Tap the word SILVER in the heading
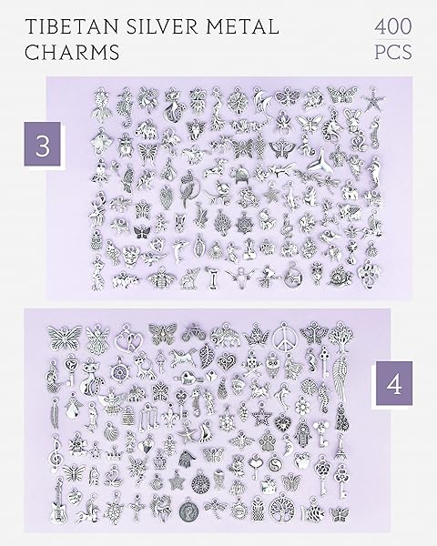tap(163, 26)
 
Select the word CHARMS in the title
tap(72, 52)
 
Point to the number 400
tap(393, 26)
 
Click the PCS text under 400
tap(393, 52)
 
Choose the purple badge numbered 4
tap(394, 383)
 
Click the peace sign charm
tap(285, 336)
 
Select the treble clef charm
tap(56, 451)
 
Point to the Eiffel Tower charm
tap(340, 447)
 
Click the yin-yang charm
tap(273, 464)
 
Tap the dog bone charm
tap(211, 278)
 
